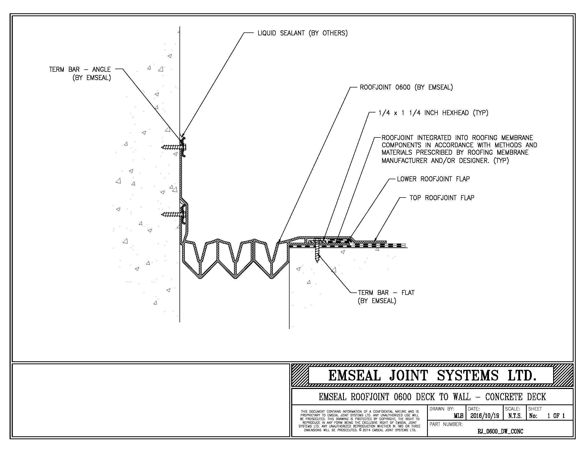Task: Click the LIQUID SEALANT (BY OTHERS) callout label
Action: tap(302, 33)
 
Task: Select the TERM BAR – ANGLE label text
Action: tap(80, 70)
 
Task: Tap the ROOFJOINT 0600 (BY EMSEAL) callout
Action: tap(406, 87)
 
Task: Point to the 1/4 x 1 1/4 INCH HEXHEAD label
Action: tap(433, 113)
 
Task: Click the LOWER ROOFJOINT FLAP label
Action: tap(433, 179)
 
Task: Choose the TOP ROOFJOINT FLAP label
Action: tap(442, 198)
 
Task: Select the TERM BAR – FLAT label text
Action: tap(386, 293)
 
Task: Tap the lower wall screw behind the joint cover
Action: tap(173, 214)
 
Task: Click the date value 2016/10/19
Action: tap(484, 416)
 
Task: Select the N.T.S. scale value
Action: tap(515, 416)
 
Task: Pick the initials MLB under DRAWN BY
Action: tap(458, 416)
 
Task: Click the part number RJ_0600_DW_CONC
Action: tap(500, 431)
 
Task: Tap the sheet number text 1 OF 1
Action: tap(556, 416)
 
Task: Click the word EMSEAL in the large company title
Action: tap(354, 375)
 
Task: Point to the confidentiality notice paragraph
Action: tap(360, 421)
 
